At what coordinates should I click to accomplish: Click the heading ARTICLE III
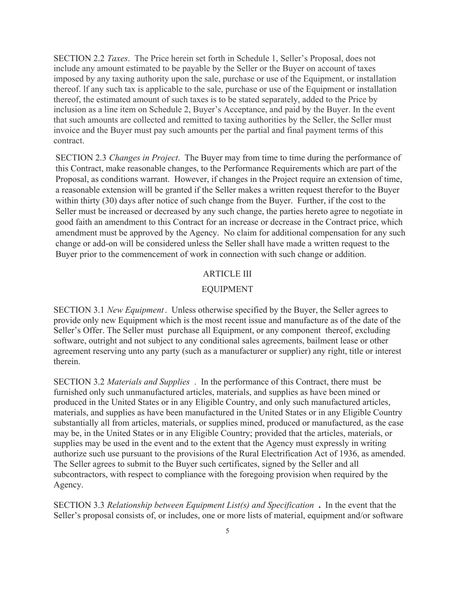pyautogui.click(x=227, y=274)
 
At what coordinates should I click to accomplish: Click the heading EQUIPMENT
pyautogui.click(x=227, y=289)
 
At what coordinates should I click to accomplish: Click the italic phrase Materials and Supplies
pyautogui.click(x=148, y=382)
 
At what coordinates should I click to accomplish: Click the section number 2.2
pyautogui.click(x=98, y=58)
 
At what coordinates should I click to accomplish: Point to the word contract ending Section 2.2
pyautogui.click(x=68, y=141)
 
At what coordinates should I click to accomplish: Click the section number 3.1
pyautogui.click(x=98, y=310)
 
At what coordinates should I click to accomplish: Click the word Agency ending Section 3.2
pyautogui.click(x=68, y=485)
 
